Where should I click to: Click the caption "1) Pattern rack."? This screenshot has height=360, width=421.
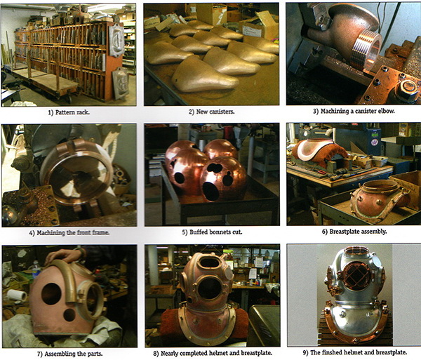point(69,112)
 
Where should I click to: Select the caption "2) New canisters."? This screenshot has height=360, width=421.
point(212,112)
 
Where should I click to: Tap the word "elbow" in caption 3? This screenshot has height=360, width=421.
point(385,111)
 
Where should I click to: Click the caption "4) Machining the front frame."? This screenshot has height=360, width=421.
point(69,233)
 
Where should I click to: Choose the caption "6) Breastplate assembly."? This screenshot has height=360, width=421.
point(354,232)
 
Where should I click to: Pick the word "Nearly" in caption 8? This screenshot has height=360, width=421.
point(170,353)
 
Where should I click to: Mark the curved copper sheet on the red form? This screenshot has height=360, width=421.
point(314,147)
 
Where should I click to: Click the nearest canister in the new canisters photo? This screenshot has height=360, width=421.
point(205,75)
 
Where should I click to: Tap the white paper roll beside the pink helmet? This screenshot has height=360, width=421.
point(17,295)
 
